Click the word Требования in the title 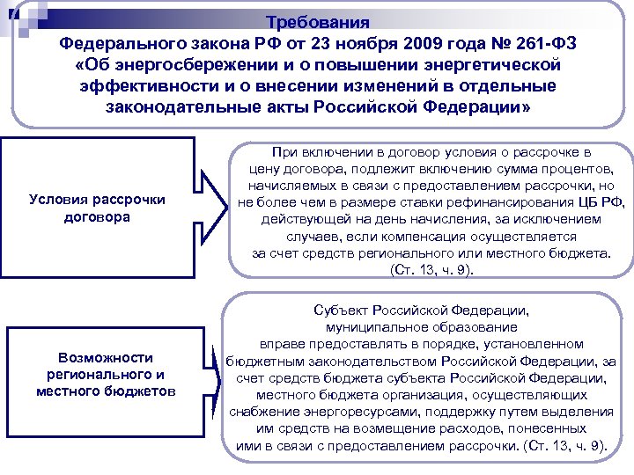point(317,21)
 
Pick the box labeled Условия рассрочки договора point(97,208)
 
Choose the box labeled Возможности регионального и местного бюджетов point(105,374)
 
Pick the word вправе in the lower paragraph point(278,344)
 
